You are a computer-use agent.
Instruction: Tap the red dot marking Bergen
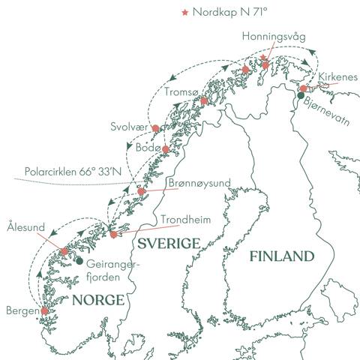click(x=44, y=310)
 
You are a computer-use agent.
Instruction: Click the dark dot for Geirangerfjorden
click(x=77, y=261)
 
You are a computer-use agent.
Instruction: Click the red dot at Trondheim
click(x=113, y=235)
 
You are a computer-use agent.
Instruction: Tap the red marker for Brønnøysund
click(x=141, y=192)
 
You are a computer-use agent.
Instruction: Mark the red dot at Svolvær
click(x=155, y=129)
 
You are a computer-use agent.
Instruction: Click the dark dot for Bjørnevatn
click(x=301, y=96)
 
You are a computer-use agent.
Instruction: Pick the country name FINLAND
click(x=281, y=256)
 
